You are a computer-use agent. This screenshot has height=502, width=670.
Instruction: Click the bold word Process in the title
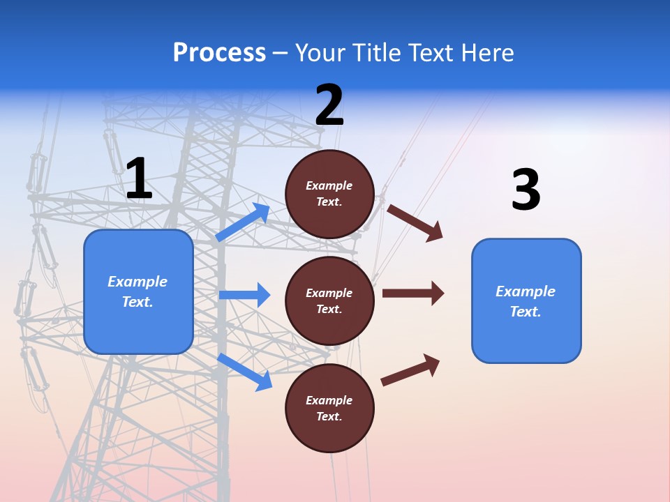(219, 52)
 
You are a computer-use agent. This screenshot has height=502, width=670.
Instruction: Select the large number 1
(139, 179)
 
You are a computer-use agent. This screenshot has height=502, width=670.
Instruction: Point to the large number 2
(329, 105)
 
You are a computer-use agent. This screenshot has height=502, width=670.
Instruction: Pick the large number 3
(526, 190)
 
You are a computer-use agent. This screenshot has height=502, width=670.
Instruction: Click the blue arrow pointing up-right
(243, 222)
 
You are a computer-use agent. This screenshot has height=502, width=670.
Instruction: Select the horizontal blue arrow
(244, 295)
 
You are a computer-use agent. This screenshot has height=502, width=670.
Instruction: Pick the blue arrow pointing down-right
(244, 372)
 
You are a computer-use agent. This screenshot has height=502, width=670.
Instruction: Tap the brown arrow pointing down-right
(415, 222)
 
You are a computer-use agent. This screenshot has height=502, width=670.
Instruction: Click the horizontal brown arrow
(412, 293)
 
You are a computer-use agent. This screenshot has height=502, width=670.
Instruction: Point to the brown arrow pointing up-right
(410, 370)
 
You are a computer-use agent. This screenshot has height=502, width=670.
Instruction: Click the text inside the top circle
(329, 194)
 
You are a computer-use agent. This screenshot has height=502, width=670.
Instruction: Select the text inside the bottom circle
(329, 409)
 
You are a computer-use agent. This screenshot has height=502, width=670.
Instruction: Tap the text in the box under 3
(526, 301)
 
